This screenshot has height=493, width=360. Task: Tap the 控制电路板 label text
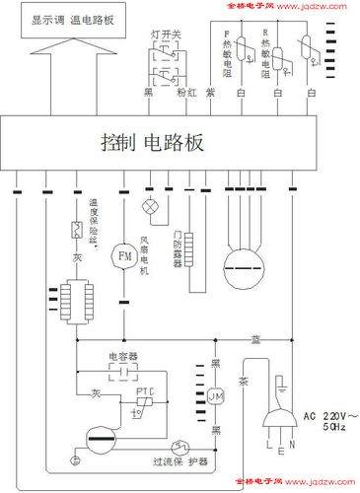[152, 142]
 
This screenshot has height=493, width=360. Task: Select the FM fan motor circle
[124, 256]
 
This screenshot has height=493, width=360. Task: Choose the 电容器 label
[123, 353]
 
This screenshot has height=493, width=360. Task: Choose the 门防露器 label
[179, 244]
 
